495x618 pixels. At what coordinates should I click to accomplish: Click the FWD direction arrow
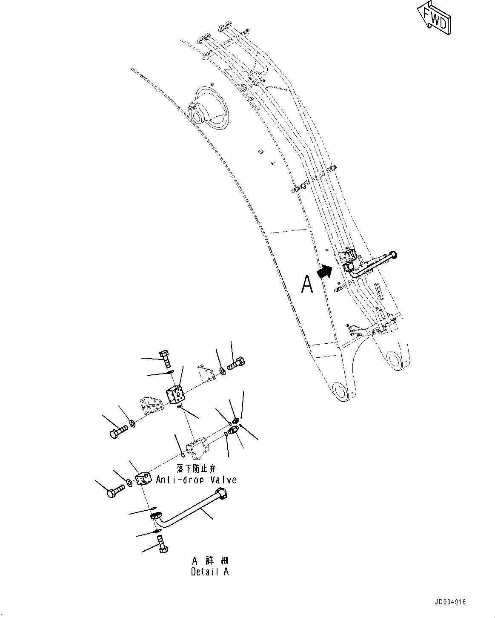(x=434, y=17)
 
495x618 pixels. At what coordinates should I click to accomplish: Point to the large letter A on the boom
(x=307, y=284)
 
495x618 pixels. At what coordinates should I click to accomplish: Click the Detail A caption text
(x=210, y=572)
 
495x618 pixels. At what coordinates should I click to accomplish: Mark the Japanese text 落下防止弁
(x=195, y=469)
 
